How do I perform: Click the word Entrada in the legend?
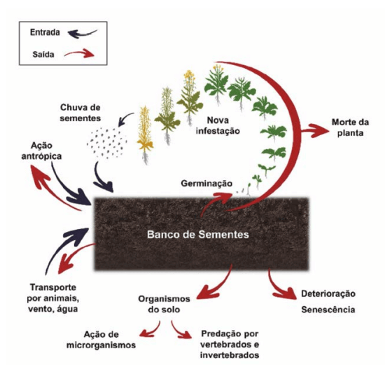tap(45, 32)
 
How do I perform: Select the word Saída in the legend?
tap(43, 55)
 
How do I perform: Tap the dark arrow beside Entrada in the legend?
tap(83, 34)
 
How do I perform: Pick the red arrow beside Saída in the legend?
tap(79, 53)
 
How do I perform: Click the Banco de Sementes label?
tap(198, 235)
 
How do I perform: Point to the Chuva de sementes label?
tap(80, 113)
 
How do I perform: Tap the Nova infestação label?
tap(218, 125)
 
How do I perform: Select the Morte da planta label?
tap(350, 128)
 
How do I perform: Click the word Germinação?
tap(206, 184)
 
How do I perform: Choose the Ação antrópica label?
tap(41, 151)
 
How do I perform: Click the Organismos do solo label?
tap(164, 304)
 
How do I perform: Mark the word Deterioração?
tap(328, 294)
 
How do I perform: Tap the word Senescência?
tap(328, 310)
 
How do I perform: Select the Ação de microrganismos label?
tap(101, 340)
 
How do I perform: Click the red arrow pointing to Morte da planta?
tap(315, 130)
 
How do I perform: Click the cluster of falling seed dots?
tap(107, 143)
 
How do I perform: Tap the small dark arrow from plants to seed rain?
tap(125, 118)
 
